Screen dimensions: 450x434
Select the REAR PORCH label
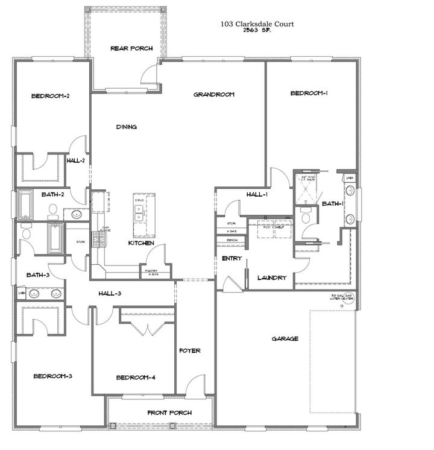[131, 48]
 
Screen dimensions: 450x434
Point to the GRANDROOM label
[213, 94]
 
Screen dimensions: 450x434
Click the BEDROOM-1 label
[309, 93]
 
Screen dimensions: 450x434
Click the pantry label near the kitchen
[151, 272]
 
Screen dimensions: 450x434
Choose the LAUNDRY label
[271, 278]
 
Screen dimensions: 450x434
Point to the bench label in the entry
[231, 239]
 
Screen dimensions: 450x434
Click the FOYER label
[190, 350]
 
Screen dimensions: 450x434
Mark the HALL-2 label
[75, 161]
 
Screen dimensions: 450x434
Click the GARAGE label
[285, 338]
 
